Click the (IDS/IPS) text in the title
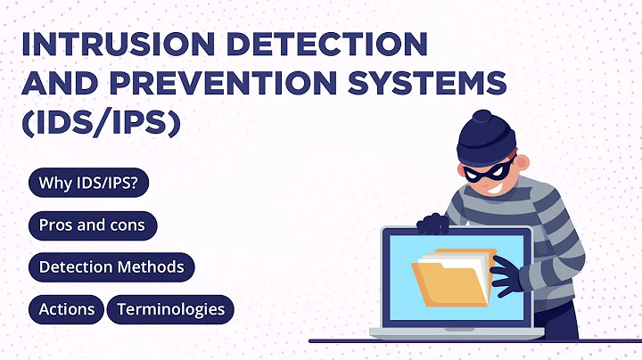(x=101, y=122)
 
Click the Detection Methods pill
(x=111, y=266)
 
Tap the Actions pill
(x=67, y=309)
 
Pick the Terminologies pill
(x=170, y=309)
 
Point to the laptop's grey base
(x=450, y=332)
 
